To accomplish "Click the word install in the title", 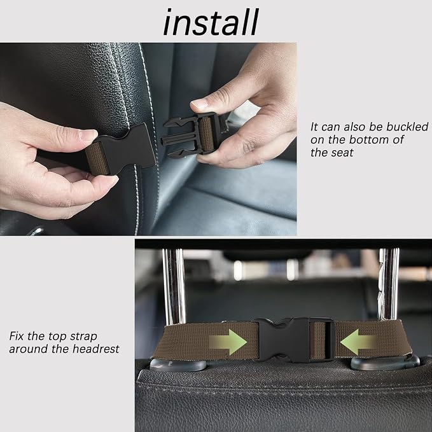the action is [x=211, y=22].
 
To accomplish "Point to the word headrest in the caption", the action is [x=95, y=349].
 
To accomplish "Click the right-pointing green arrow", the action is [x=228, y=342].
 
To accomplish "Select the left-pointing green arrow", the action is [x=358, y=342].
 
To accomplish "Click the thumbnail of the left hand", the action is [x=88, y=135].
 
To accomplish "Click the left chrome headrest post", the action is [x=174, y=286].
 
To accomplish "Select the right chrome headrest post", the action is [x=389, y=284].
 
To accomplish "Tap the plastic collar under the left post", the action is [x=178, y=365].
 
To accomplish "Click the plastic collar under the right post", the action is [x=385, y=363].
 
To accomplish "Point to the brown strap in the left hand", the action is [x=97, y=158].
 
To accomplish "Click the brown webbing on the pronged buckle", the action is [x=206, y=134].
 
